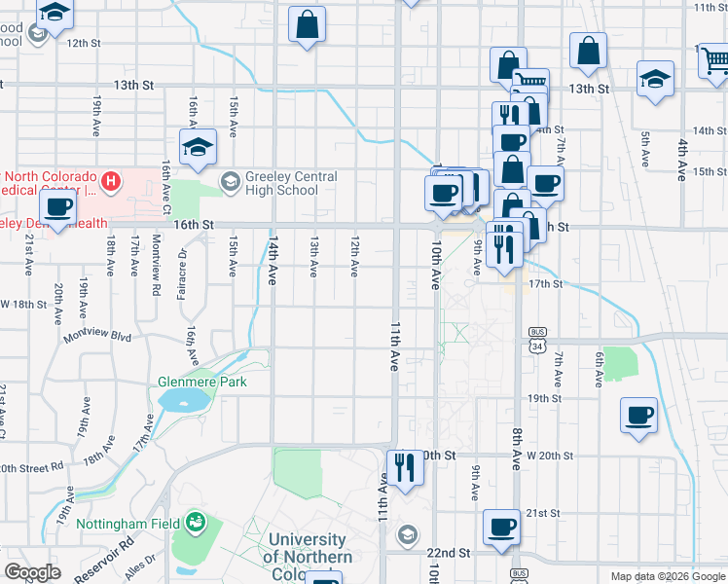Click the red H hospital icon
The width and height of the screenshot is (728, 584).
click(x=113, y=180)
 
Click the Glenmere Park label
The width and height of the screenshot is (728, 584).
click(x=202, y=383)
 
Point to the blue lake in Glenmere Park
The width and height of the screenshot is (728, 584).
click(x=178, y=400)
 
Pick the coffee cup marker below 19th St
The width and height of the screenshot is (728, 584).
click(x=638, y=416)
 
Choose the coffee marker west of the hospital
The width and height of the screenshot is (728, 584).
click(x=58, y=207)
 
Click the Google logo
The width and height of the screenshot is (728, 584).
click(x=32, y=572)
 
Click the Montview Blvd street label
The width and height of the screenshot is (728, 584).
click(x=96, y=336)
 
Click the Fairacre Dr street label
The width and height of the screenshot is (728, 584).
click(x=182, y=264)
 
